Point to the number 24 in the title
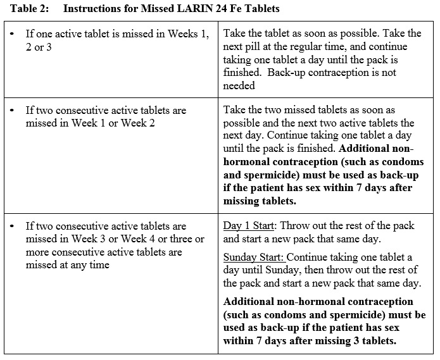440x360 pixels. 206,9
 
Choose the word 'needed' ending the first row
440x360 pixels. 239,85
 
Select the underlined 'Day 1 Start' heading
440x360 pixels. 248,226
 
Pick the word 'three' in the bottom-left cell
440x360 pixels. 181,239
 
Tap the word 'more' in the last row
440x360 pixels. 37,252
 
